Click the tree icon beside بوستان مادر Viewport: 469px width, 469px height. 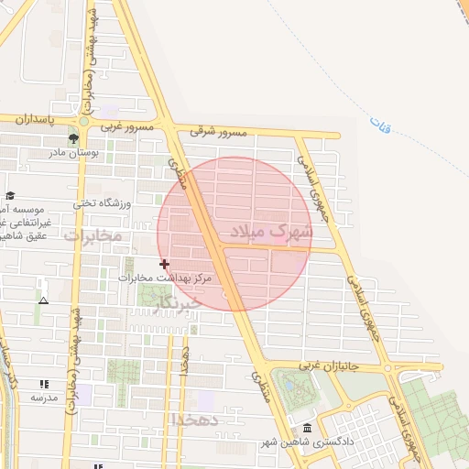point(72,138)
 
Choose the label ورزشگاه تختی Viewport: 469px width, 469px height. point(102,202)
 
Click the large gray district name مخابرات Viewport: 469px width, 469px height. point(93,235)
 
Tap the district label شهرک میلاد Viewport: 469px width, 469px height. point(271,231)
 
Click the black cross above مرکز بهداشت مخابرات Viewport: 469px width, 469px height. point(165,264)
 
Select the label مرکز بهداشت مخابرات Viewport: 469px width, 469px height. point(165,277)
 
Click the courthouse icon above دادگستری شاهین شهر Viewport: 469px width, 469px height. point(307,429)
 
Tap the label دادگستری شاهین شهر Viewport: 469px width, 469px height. point(296,443)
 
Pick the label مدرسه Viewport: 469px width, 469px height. point(43,398)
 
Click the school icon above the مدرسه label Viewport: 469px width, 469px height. point(43,384)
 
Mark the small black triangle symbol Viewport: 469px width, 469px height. point(42,300)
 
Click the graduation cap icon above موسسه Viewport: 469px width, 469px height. point(10,195)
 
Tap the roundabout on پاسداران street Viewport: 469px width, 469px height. point(83,120)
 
